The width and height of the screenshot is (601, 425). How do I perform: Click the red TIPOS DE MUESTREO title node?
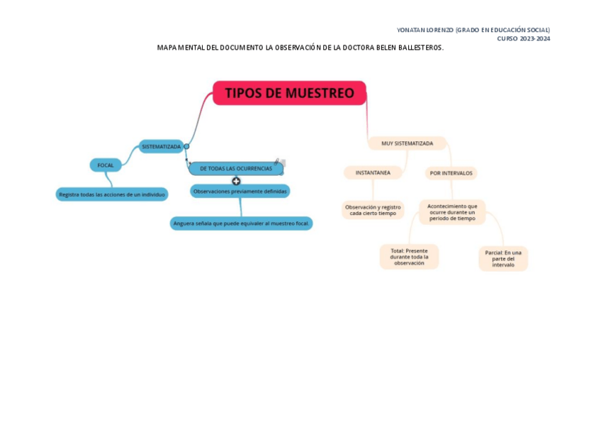click(x=289, y=93)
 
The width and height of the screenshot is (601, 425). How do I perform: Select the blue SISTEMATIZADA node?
click(x=161, y=146)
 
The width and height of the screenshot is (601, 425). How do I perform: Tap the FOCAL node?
click(x=106, y=165)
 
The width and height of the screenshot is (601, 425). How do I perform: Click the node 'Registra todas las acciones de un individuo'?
click(x=112, y=194)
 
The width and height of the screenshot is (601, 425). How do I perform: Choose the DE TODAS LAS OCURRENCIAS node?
click(x=235, y=168)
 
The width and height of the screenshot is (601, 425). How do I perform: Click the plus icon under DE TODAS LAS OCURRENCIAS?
click(x=236, y=181)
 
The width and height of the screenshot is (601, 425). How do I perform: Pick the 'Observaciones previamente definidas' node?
click(x=240, y=191)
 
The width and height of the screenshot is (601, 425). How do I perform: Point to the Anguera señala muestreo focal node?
click(x=241, y=223)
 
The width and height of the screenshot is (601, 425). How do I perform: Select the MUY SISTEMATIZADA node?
click(x=407, y=143)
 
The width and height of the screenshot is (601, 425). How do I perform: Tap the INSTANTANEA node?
click(x=373, y=172)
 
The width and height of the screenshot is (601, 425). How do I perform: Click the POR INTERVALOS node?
click(x=451, y=173)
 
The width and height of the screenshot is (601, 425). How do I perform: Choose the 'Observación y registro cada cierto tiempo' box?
click(x=373, y=210)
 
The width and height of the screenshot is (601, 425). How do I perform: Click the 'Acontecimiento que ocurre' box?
click(x=452, y=212)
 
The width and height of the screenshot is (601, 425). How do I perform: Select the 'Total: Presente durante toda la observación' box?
click(x=409, y=257)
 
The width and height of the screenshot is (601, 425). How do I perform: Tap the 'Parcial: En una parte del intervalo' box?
click(x=503, y=258)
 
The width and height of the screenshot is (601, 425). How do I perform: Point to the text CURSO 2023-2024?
click(x=523, y=38)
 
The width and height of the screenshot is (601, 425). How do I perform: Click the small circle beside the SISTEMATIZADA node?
click(x=186, y=146)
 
